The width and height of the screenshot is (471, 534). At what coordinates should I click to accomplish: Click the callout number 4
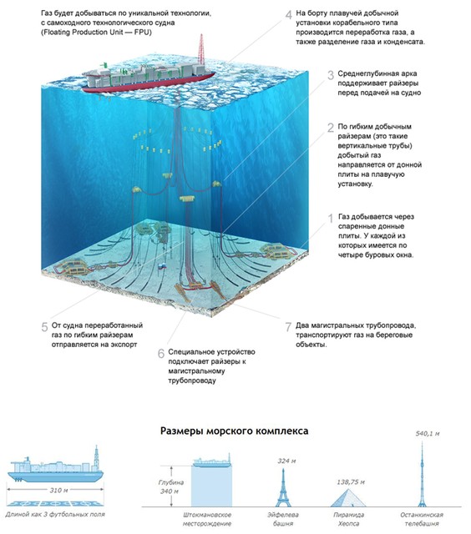pos(289,15)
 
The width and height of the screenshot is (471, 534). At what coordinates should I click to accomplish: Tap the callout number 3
pos(331,75)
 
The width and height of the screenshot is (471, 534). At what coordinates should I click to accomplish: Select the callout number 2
pos(331,128)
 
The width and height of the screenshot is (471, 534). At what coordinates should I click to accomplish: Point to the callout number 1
pos(330,219)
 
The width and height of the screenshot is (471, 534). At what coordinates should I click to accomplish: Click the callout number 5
pos(44,327)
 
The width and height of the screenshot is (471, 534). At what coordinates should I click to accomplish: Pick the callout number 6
pos(161,354)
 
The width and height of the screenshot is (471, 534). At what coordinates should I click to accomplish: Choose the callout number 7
pos(288,327)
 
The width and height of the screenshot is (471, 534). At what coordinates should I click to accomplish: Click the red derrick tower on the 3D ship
pos(201,49)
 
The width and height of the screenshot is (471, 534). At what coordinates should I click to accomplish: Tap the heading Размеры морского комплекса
pos(235,431)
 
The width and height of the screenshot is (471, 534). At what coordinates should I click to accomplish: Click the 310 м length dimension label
pos(58,491)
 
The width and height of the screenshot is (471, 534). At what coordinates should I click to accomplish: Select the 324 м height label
pos(286,461)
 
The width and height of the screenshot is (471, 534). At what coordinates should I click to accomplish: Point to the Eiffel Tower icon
pos(283,487)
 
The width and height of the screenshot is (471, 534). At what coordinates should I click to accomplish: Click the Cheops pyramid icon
pos(348,498)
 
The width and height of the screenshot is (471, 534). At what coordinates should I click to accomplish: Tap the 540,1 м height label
pos(428,434)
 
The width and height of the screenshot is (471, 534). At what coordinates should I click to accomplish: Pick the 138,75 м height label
pos(351,482)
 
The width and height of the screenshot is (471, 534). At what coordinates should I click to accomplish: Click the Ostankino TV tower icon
pos(422,475)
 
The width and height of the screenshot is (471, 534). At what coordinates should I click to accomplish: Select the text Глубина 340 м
pos(170,486)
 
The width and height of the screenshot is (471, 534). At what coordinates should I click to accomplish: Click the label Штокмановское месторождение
pos(207,519)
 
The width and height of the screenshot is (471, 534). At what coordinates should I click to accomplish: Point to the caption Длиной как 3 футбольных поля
pos(55,514)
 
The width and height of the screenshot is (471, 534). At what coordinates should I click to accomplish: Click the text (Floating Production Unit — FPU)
pos(96,33)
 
